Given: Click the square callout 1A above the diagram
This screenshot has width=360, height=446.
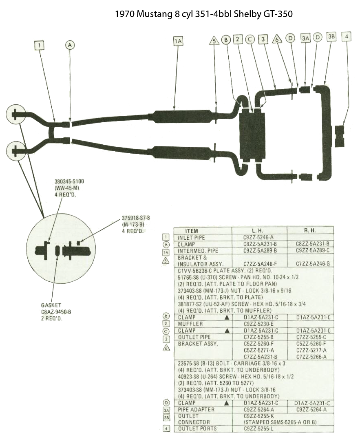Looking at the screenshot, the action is click(x=178, y=41).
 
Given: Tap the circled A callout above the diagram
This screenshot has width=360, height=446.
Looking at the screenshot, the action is click(x=70, y=45).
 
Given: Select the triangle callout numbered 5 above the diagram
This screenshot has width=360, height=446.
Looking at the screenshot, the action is click(x=214, y=41).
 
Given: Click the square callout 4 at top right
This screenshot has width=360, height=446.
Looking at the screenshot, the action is click(x=347, y=37).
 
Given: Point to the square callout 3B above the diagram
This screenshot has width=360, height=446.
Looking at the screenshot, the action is click(x=331, y=37).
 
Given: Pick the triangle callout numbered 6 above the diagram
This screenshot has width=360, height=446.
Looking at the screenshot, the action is click(x=277, y=39).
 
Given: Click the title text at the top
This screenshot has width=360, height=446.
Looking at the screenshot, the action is click(x=203, y=14).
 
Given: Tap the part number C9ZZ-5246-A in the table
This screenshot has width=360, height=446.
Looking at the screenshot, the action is click(x=258, y=238).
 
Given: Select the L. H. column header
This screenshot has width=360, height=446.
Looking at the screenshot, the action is click(x=257, y=231).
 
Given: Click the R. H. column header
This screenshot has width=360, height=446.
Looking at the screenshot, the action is click(x=309, y=230).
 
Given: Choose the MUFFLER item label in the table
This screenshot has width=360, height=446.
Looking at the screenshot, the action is click(x=190, y=324).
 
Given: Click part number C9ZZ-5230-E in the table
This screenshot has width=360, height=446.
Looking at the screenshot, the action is click(x=259, y=324).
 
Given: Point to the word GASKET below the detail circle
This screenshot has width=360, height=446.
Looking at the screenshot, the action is click(x=51, y=305).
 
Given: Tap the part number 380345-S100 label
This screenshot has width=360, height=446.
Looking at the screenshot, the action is click(x=69, y=181).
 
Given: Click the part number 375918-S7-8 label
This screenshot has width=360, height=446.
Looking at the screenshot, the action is click(x=136, y=218).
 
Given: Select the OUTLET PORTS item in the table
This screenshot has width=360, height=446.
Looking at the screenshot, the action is click(x=197, y=428).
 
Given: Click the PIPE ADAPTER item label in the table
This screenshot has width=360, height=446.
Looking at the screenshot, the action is click(x=196, y=410).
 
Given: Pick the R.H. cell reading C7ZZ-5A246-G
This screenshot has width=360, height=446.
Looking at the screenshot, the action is click(x=313, y=264).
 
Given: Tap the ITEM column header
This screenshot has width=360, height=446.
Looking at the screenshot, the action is click(x=191, y=231).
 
